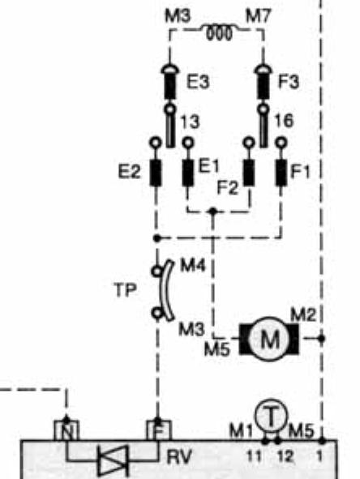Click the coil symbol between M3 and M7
(x=219, y=32)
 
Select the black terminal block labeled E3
(x=170, y=87)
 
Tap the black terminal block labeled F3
(x=264, y=87)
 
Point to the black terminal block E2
(x=156, y=173)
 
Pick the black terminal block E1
(x=188, y=173)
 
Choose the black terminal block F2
(x=249, y=173)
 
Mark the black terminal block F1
(x=281, y=173)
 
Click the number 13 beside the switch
(x=190, y=122)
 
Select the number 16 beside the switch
(x=284, y=121)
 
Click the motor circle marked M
(x=269, y=339)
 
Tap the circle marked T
(x=272, y=416)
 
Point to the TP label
(x=126, y=289)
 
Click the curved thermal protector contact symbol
(x=166, y=290)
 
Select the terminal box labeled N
(x=66, y=430)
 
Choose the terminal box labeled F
(x=159, y=430)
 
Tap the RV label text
(x=179, y=457)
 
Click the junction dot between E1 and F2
(x=212, y=211)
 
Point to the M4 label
(x=193, y=265)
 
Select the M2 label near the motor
(x=303, y=314)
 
